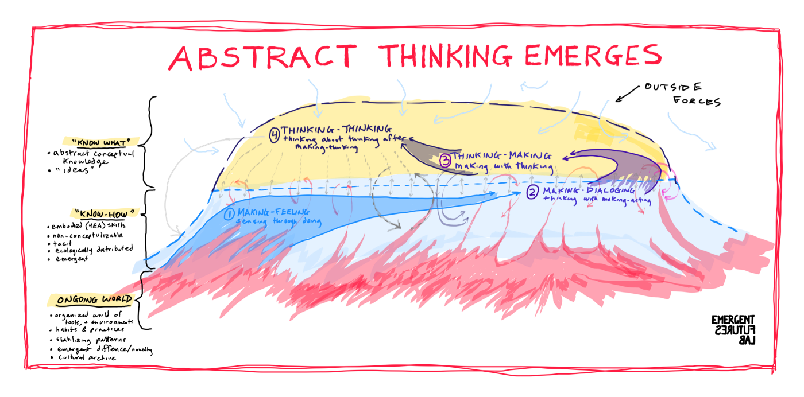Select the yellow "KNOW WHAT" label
pyautogui.click(x=100, y=141)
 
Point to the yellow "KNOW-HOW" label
pyautogui.click(x=105, y=213)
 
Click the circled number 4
pyautogui.click(x=275, y=135)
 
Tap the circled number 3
pyautogui.click(x=446, y=161)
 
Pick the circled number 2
pyautogui.click(x=532, y=192)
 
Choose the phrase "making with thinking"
pyautogui.click(x=503, y=166)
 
